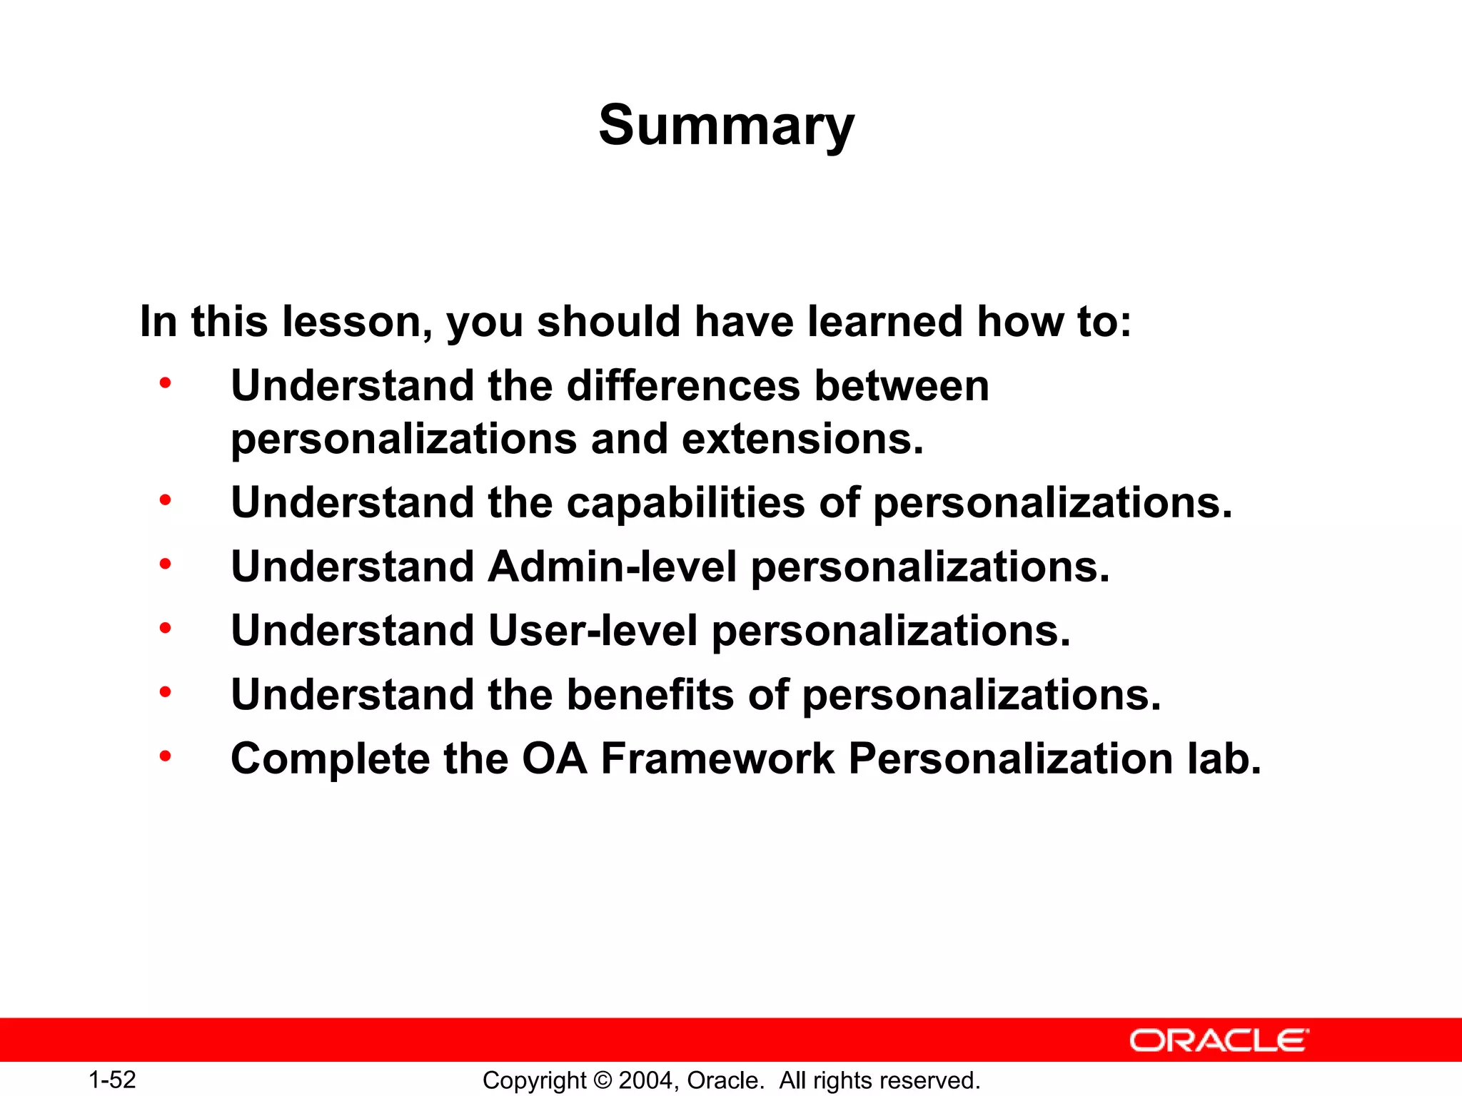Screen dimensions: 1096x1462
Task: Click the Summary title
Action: pyautogui.click(x=726, y=126)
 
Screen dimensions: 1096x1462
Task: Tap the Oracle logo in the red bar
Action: pyautogui.click(x=1219, y=1040)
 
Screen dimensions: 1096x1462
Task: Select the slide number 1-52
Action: pyautogui.click(x=112, y=1080)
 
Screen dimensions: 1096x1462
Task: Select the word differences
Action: pyautogui.click(x=683, y=386)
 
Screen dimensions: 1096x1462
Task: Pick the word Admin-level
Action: pyautogui.click(x=612, y=567)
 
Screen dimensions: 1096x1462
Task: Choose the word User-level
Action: pyautogui.click(x=593, y=631)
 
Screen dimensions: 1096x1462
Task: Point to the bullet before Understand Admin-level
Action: pyautogui.click(x=166, y=564)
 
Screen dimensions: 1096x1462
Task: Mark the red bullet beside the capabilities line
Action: pyautogui.click(x=166, y=499)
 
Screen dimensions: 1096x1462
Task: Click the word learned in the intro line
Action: pyautogui.click(x=884, y=321)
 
